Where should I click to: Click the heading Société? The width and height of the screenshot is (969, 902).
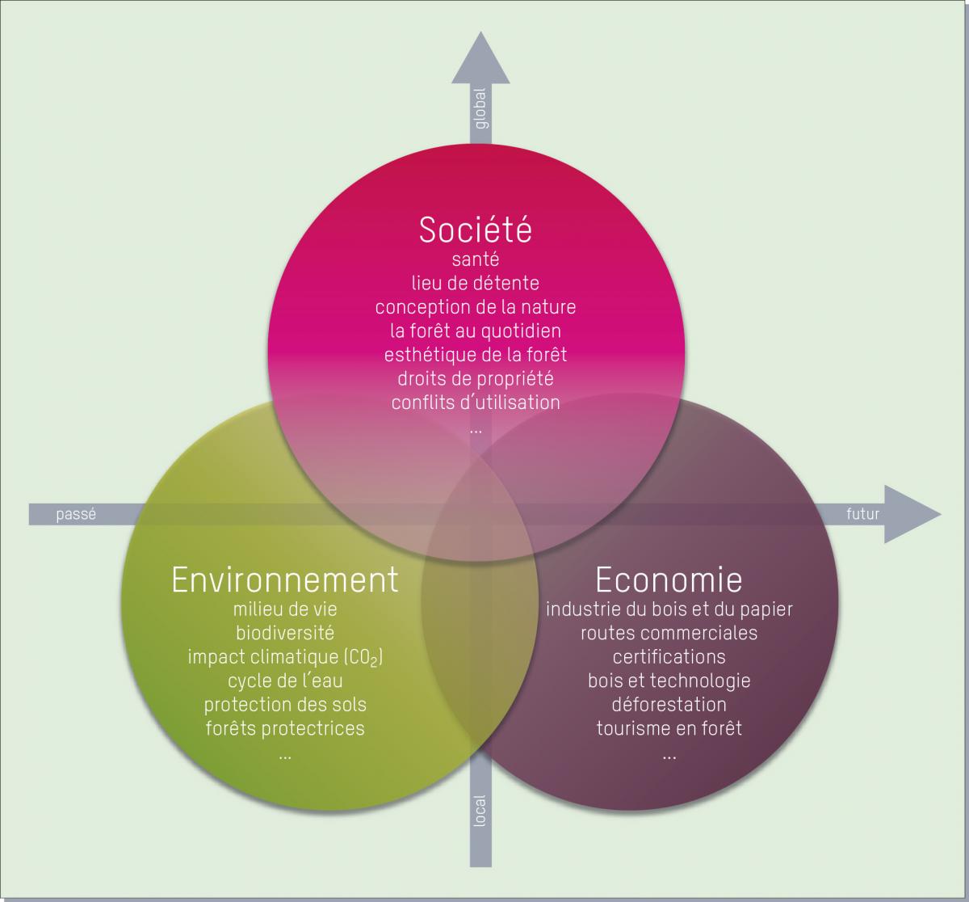476,230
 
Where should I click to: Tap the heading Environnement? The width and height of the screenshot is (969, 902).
285,580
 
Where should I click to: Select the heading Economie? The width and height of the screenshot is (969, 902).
669,580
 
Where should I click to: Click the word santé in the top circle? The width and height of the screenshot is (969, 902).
476,260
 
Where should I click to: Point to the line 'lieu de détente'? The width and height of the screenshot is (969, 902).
476,284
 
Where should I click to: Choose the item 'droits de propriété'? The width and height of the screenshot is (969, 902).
476,378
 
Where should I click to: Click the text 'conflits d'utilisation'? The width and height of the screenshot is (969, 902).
476,402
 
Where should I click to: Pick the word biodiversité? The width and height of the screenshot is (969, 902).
285,632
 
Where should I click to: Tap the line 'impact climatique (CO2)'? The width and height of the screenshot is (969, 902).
285,656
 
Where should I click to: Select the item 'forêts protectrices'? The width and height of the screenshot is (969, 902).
285,728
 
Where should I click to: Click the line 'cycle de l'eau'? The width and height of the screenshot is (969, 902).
285,681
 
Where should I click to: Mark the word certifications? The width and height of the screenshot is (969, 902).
669,656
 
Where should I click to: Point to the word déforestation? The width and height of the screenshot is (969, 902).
669,704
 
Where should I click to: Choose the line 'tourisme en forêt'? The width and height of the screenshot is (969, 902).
669,728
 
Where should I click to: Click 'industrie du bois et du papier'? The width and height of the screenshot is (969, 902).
669,609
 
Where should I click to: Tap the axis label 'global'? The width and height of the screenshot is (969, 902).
480,108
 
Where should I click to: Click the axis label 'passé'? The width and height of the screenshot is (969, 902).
76,514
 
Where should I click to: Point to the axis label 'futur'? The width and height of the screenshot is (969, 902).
862,514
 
